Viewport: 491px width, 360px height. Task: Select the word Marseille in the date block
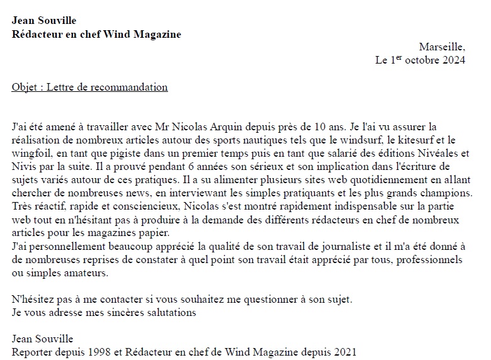[x=441, y=47]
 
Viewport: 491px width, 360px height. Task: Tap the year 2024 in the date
[x=453, y=60]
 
